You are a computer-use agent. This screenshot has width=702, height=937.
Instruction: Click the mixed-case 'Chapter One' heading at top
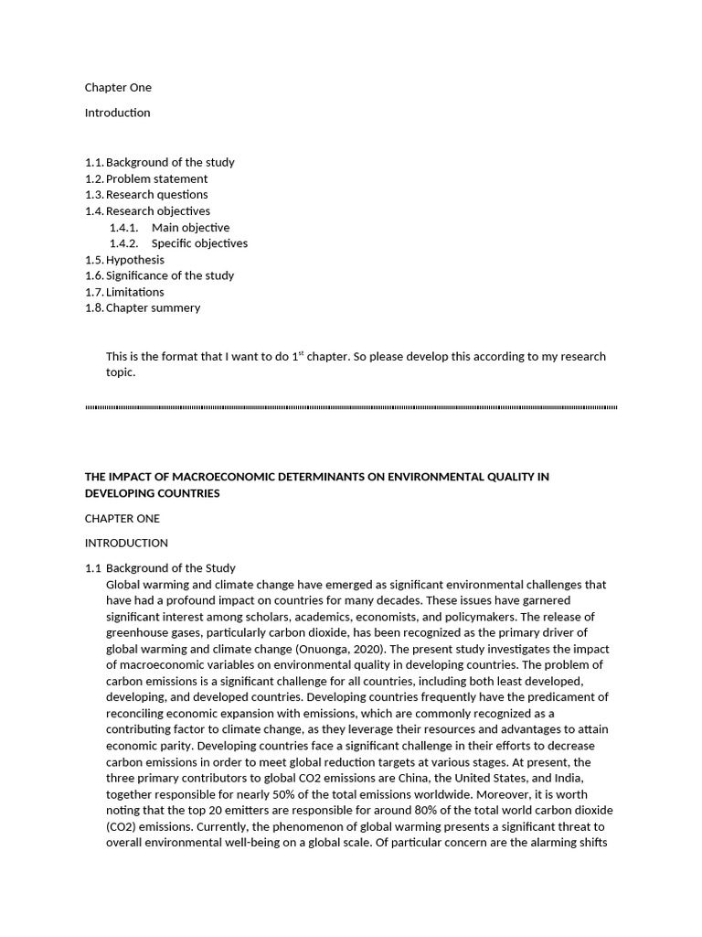pyautogui.click(x=118, y=88)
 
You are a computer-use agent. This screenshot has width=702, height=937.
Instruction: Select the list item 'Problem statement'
pyautogui.click(x=156, y=178)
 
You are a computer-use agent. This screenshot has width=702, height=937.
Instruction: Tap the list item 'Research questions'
pyautogui.click(x=156, y=195)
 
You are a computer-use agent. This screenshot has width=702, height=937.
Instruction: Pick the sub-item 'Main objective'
pyautogui.click(x=190, y=228)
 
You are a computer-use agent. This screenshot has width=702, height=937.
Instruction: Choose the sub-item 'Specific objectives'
pyautogui.click(x=199, y=243)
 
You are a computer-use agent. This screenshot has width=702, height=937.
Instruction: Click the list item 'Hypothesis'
pyautogui.click(x=135, y=260)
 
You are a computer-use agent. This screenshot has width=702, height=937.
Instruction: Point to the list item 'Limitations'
pyautogui.click(x=135, y=292)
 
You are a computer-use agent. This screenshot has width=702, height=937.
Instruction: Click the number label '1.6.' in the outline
pyautogui.click(x=94, y=275)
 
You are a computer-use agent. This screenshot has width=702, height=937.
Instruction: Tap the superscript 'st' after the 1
pyautogui.click(x=302, y=353)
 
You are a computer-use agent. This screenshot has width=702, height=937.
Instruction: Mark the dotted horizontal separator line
pyautogui.click(x=351, y=407)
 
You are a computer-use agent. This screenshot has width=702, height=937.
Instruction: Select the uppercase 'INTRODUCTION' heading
pyautogui.click(x=126, y=544)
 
